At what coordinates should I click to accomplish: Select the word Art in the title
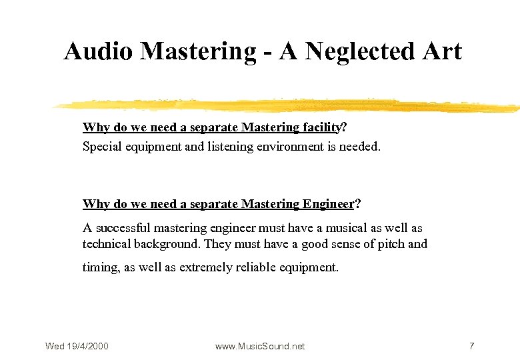(x=440, y=51)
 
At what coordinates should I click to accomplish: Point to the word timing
(x=101, y=267)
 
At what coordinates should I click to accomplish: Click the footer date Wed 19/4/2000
(x=77, y=346)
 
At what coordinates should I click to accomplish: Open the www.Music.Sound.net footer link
(x=260, y=346)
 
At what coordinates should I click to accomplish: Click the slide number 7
(x=471, y=346)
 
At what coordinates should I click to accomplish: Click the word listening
(x=229, y=146)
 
